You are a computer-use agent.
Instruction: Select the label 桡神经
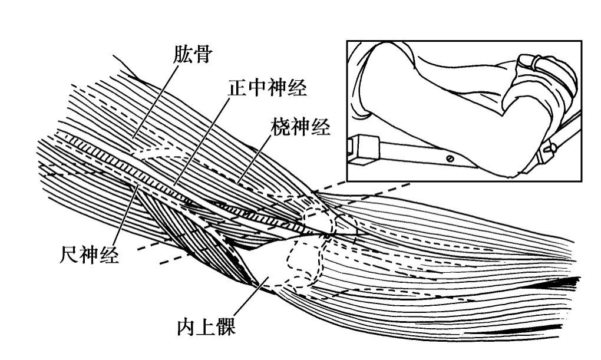click(300, 127)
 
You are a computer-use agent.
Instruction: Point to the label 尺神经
click(91, 255)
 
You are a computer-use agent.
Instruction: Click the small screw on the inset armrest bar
click(450, 158)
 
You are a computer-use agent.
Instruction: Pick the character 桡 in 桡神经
click(280, 127)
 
